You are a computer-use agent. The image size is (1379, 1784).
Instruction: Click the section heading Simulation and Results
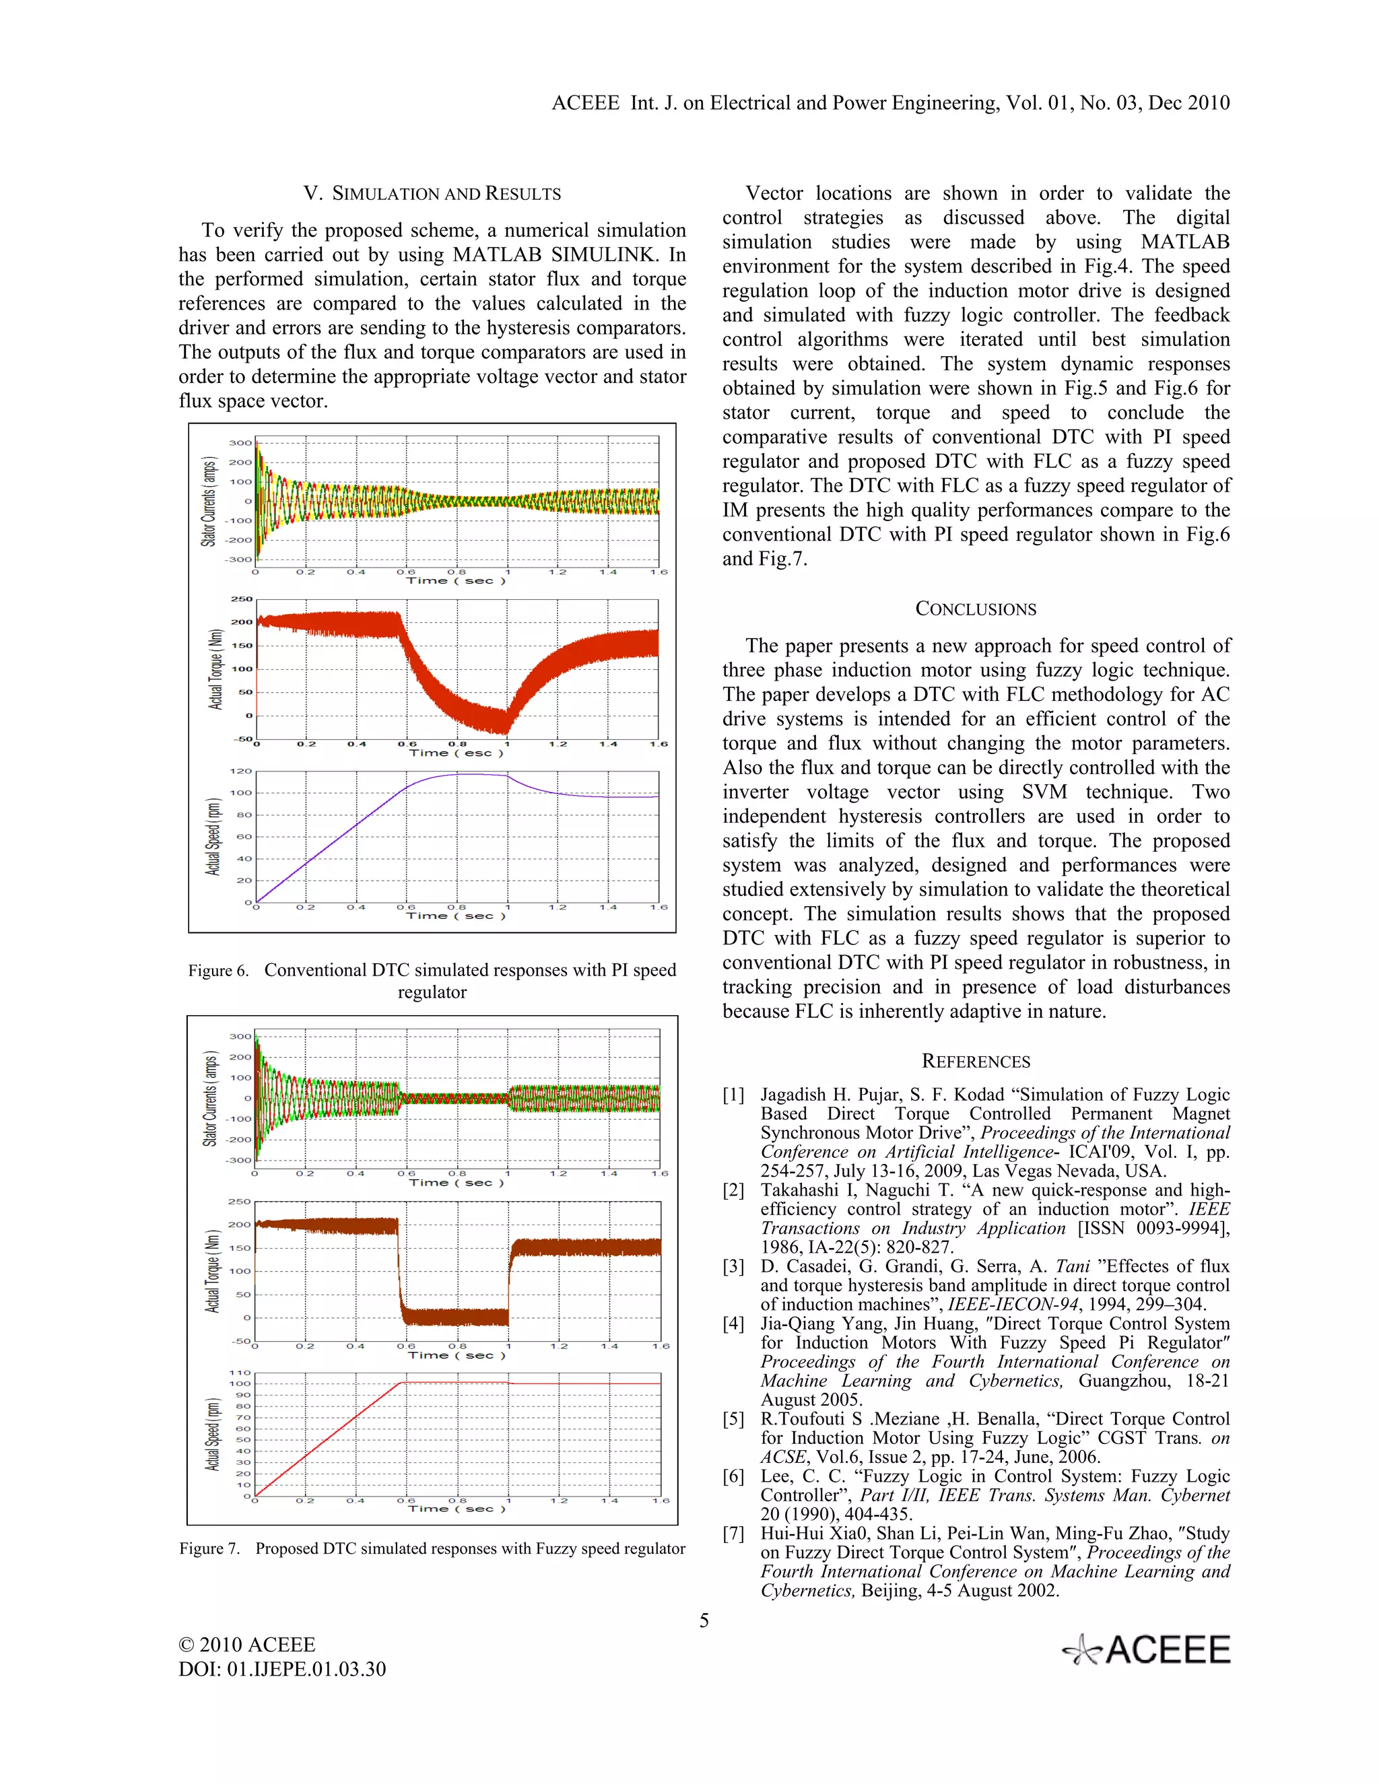(432, 194)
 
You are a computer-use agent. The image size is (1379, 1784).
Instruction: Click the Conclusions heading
(976, 609)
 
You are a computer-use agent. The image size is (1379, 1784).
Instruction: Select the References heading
(976, 1061)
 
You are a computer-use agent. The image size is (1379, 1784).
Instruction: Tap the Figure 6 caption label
(218, 970)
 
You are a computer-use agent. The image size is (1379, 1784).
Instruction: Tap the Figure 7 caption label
(210, 1549)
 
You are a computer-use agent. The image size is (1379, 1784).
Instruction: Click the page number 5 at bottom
(704, 1620)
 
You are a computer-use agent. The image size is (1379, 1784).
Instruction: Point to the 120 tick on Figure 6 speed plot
(241, 771)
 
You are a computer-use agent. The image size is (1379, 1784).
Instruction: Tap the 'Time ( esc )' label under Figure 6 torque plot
(456, 753)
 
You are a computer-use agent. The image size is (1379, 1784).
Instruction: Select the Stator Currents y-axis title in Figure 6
(210, 502)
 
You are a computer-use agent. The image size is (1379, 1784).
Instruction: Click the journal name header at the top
(890, 103)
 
